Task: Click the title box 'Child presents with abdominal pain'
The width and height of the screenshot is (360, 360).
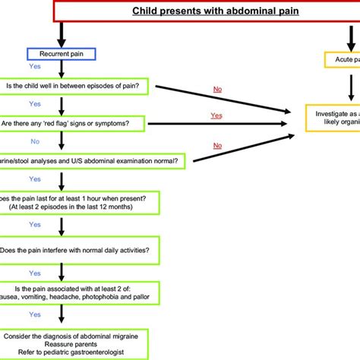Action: (205, 11)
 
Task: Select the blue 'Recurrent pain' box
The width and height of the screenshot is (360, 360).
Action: (60, 53)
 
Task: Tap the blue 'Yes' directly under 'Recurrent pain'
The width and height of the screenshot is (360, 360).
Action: (35, 66)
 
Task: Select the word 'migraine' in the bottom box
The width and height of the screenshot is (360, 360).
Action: (137, 335)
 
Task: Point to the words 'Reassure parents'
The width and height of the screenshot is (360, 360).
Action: (81, 344)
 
